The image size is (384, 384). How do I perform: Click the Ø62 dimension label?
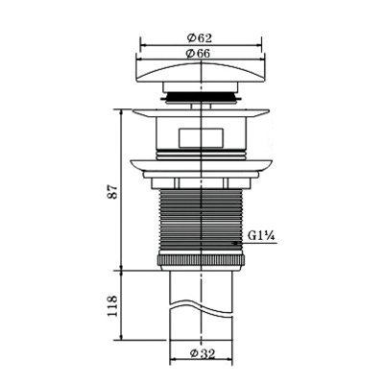point(200,38)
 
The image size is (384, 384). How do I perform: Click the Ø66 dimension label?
point(199,54)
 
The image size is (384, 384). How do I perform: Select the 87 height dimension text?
point(114,192)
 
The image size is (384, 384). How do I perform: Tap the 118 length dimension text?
point(112,306)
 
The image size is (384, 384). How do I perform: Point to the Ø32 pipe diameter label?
point(203,353)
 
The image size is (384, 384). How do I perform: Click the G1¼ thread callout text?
point(261,236)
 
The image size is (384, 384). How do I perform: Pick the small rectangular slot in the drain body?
point(201,138)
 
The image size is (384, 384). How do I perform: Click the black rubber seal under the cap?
point(201,96)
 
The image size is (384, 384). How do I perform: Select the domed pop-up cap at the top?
point(201,72)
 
